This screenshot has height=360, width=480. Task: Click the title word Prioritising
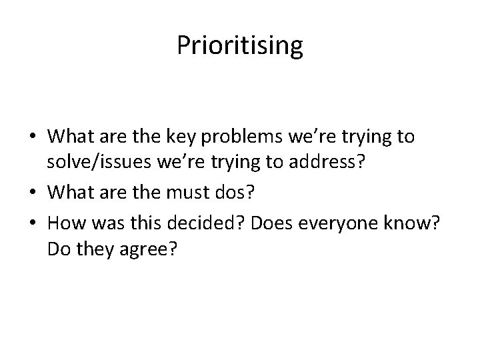240,47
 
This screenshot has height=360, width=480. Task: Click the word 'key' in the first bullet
186,137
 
